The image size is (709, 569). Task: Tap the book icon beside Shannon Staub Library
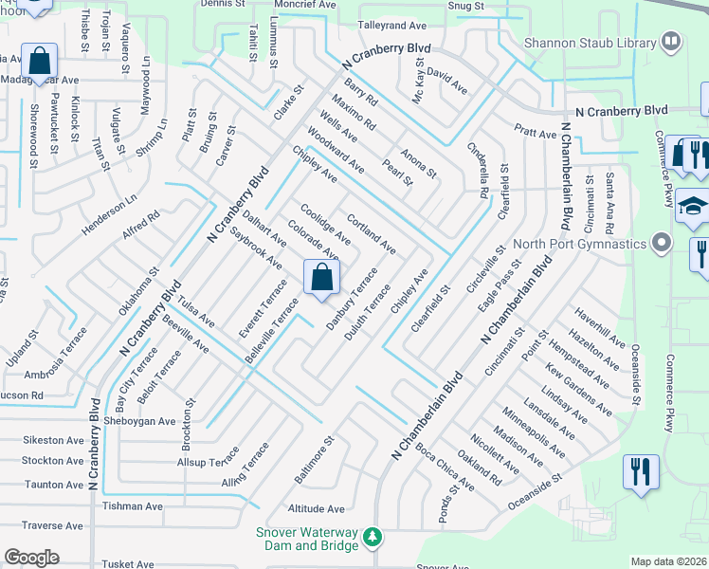pyautogui.click(x=670, y=43)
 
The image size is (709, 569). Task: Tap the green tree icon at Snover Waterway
pyautogui.click(x=373, y=538)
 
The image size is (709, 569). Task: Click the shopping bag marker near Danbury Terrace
pyautogui.click(x=321, y=279)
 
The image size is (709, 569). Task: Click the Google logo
pyautogui.click(x=31, y=557)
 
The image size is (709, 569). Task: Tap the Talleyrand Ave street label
pyautogui.click(x=391, y=27)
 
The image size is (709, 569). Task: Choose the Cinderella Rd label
pyautogui.click(x=478, y=170)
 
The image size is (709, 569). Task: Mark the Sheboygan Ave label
pyautogui.click(x=140, y=421)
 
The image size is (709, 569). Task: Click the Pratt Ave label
pyautogui.click(x=536, y=135)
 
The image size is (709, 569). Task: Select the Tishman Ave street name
pyautogui.click(x=133, y=506)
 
